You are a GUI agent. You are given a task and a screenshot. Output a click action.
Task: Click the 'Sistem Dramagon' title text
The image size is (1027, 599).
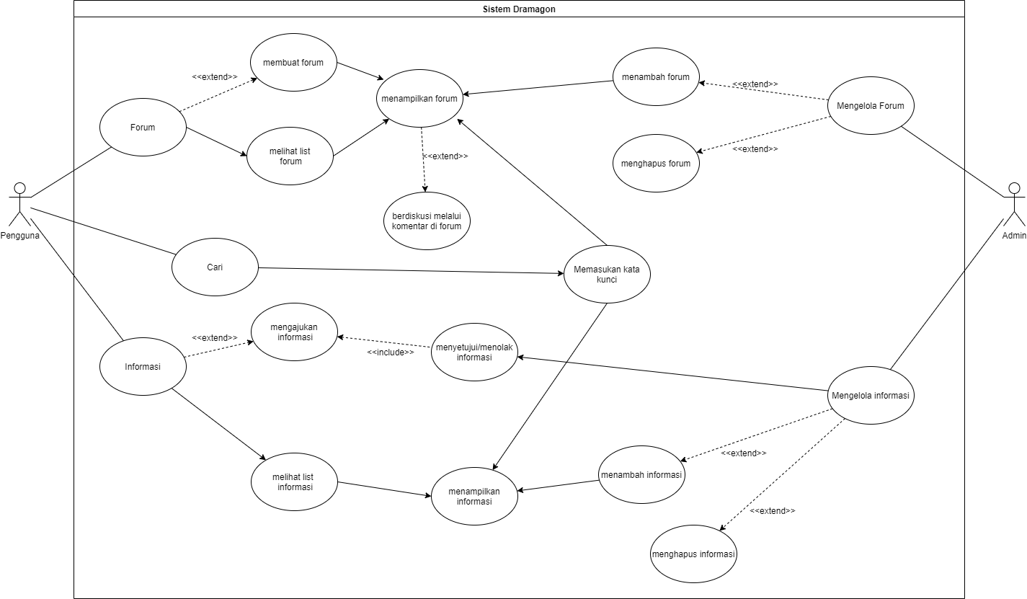click(x=519, y=9)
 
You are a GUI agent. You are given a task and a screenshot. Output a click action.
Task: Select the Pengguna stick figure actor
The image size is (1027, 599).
click(x=20, y=205)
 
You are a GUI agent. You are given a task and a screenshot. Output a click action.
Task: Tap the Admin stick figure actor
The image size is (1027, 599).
click(x=1014, y=205)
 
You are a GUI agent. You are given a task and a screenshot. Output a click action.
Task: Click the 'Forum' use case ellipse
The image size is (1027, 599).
click(x=143, y=128)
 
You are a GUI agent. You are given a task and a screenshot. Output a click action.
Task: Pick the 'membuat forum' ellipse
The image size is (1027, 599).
click(x=293, y=63)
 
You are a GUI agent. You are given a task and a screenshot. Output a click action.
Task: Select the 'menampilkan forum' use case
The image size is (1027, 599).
click(x=420, y=99)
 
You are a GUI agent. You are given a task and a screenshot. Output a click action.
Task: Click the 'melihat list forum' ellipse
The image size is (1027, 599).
click(x=290, y=156)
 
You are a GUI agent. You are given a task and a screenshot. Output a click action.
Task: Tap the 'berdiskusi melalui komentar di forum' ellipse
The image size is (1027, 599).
click(x=427, y=221)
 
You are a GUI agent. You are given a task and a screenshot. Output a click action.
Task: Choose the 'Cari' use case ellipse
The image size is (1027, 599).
click(x=215, y=267)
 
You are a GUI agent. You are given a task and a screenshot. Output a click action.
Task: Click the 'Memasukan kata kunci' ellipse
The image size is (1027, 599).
click(x=607, y=273)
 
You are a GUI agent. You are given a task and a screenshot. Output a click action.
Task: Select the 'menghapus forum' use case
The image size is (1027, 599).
click(x=656, y=163)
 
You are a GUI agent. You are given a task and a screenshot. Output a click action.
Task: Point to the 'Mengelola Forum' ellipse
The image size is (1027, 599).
click(x=871, y=106)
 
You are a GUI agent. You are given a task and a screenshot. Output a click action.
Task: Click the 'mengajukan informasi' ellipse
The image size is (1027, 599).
click(x=294, y=332)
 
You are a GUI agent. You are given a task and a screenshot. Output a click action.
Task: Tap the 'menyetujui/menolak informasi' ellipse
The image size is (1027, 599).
click(x=474, y=352)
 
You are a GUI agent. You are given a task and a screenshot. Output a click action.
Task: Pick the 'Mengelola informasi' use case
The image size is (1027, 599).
click(x=871, y=396)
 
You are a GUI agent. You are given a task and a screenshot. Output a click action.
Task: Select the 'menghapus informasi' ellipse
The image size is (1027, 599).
click(x=693, y=554)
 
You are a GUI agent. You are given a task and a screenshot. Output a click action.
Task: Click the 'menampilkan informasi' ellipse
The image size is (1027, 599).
click(x=474, y=495)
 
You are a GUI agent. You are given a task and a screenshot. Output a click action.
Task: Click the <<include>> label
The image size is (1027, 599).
click(x=391, y=352)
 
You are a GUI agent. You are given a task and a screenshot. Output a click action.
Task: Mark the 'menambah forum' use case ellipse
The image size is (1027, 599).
click(x=656, y=77)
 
